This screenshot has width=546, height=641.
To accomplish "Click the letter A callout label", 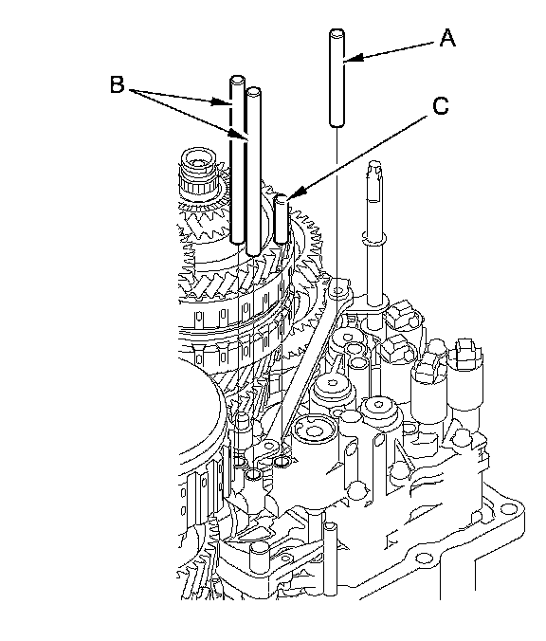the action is (447, 39).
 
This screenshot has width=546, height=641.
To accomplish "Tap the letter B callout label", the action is (118, 85).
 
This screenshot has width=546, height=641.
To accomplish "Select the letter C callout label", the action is (440, 106).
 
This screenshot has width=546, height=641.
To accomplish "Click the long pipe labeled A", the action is (337, 78).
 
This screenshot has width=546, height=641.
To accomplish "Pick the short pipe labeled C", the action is (282, 220).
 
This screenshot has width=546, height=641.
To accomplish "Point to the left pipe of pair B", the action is (237, 159).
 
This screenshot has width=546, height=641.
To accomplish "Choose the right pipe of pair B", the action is (253, 171).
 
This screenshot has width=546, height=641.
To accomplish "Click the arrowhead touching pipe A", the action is (353, 59).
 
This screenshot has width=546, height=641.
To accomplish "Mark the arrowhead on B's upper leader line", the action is (220, 101).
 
